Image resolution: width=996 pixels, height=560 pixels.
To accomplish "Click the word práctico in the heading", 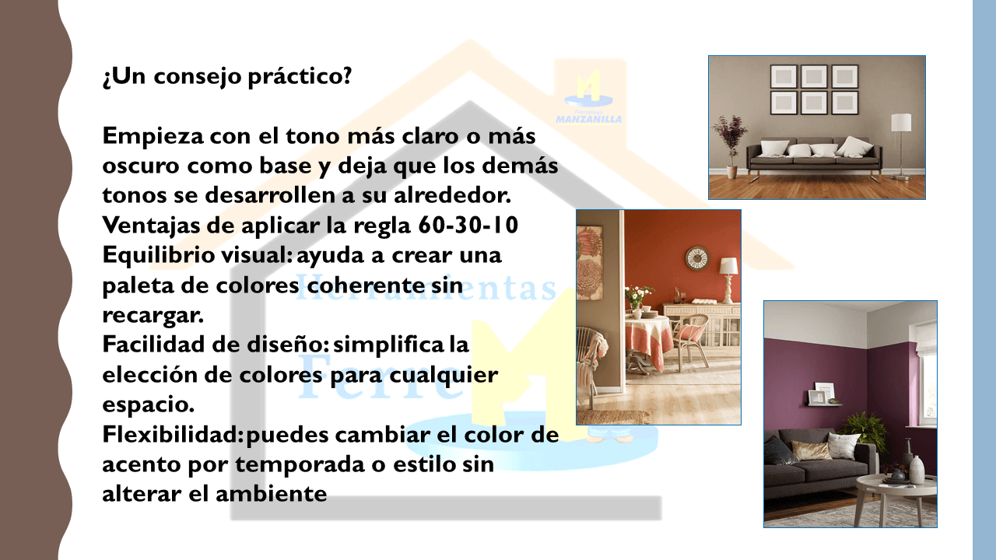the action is pos(300,76).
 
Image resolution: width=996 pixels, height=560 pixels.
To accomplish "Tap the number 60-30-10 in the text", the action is pos(468,225).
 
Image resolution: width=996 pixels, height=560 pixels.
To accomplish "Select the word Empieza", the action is pos(152,136).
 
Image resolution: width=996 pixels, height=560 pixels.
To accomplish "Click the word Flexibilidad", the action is pos(173,434).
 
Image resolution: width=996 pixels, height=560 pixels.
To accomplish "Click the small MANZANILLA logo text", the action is pos(589,119).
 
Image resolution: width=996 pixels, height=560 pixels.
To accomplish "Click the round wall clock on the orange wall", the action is pos(696,258).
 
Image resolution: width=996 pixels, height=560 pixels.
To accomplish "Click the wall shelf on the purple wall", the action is pos(824,404).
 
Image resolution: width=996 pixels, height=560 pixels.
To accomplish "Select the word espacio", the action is pos(148,405).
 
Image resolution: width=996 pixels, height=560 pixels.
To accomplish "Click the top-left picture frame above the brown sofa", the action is pos(783,76).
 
